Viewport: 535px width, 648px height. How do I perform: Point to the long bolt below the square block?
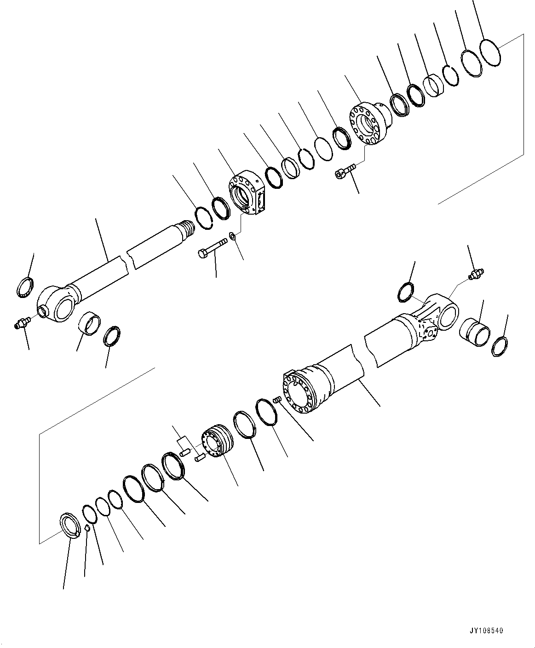212,247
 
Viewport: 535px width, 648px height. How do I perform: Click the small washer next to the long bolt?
233,237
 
